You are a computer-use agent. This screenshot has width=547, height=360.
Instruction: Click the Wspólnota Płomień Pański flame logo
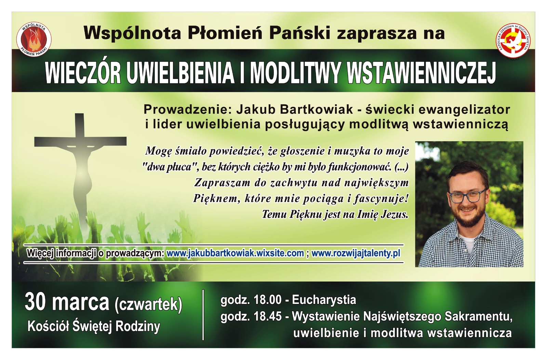coord(34,39)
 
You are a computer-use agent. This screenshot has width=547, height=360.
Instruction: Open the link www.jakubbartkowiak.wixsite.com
coord(235,253)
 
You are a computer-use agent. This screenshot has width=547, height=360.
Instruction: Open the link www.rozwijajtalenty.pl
coord(356,253)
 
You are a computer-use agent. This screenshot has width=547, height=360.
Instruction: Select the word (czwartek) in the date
coord(148,304)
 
